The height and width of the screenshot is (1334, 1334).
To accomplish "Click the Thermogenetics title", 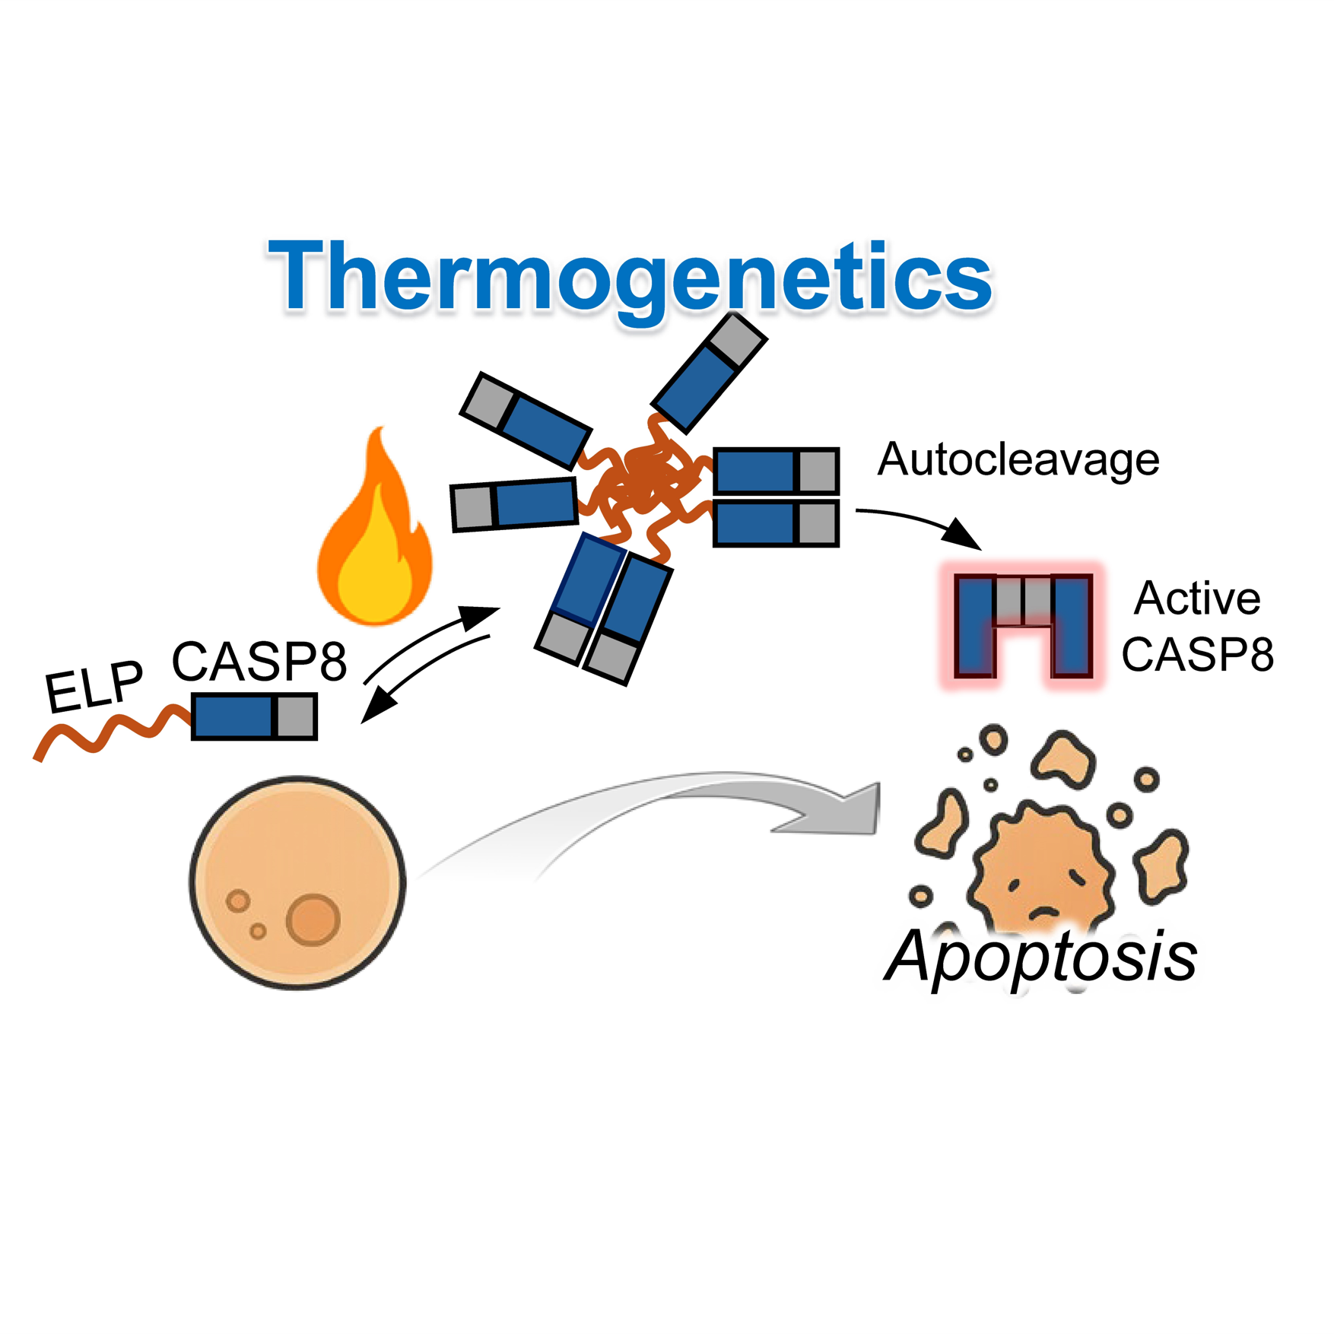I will (630, 277).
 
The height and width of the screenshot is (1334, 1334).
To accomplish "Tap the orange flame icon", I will (374, 532).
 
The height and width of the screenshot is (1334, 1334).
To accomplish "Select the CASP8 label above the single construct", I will (259, 661).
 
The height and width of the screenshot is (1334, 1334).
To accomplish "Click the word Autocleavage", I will (1018, 459).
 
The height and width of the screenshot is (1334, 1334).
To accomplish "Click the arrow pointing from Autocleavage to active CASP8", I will (920, 522).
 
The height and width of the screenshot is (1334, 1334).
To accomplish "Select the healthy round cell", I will (297, 882).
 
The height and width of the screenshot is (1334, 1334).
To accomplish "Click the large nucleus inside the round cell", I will (313, 920).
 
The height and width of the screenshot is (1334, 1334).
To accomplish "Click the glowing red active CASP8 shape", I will (1023, 626).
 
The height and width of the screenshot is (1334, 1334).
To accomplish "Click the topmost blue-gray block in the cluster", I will (709, 373).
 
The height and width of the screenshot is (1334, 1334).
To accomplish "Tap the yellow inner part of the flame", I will (373, 570).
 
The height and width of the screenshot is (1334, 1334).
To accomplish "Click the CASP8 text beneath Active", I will (1197, 654).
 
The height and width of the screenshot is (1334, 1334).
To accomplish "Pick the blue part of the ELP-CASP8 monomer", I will (233, 716).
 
